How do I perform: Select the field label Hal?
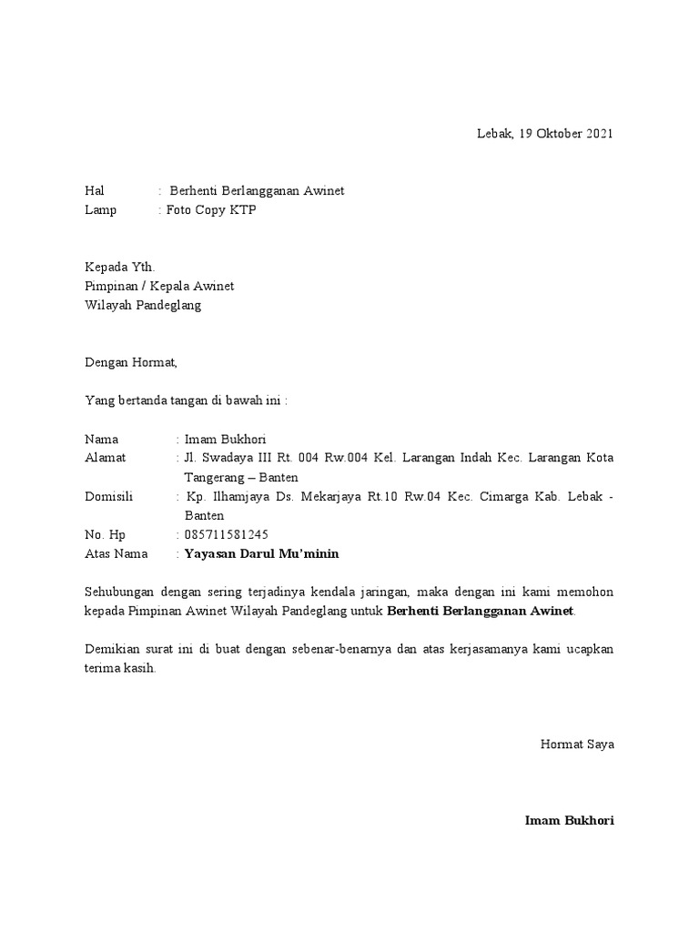pyautogui.click(x=95, y=190)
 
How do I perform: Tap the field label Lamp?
pyautogui.click(x=101, y=210)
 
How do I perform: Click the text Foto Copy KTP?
pyautogui.click(x=205, y=210)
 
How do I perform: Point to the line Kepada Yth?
pyautogui.click(x=120, y=267)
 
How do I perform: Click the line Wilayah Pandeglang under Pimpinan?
pyautogui.click(x=143, y=305)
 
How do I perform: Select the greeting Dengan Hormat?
pyautogui.click(x=132, y=362)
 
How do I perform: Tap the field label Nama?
pyautogui.click(x=101, y=439)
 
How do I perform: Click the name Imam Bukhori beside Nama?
pyautogui.click(x=225, y=439)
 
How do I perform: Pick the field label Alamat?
pyautogui.click(x=106, y=458)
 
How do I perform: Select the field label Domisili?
pyautogui.click(x=109, y=496)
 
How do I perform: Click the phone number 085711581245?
pyautogui.click(x=227, y=534)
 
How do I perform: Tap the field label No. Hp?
pyautogui.click(x=105, y=534)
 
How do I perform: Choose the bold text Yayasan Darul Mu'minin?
pyautogui.click(x=261, y=553)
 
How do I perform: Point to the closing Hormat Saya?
pyautogui.click(x=577, y=744)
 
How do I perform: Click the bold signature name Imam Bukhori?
pyautogui.click(x=569, y=820)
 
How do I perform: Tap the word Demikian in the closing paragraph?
pyautogui.click(x=114, y=649)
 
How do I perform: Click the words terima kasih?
pyautogui.click(x=119, y=667)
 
